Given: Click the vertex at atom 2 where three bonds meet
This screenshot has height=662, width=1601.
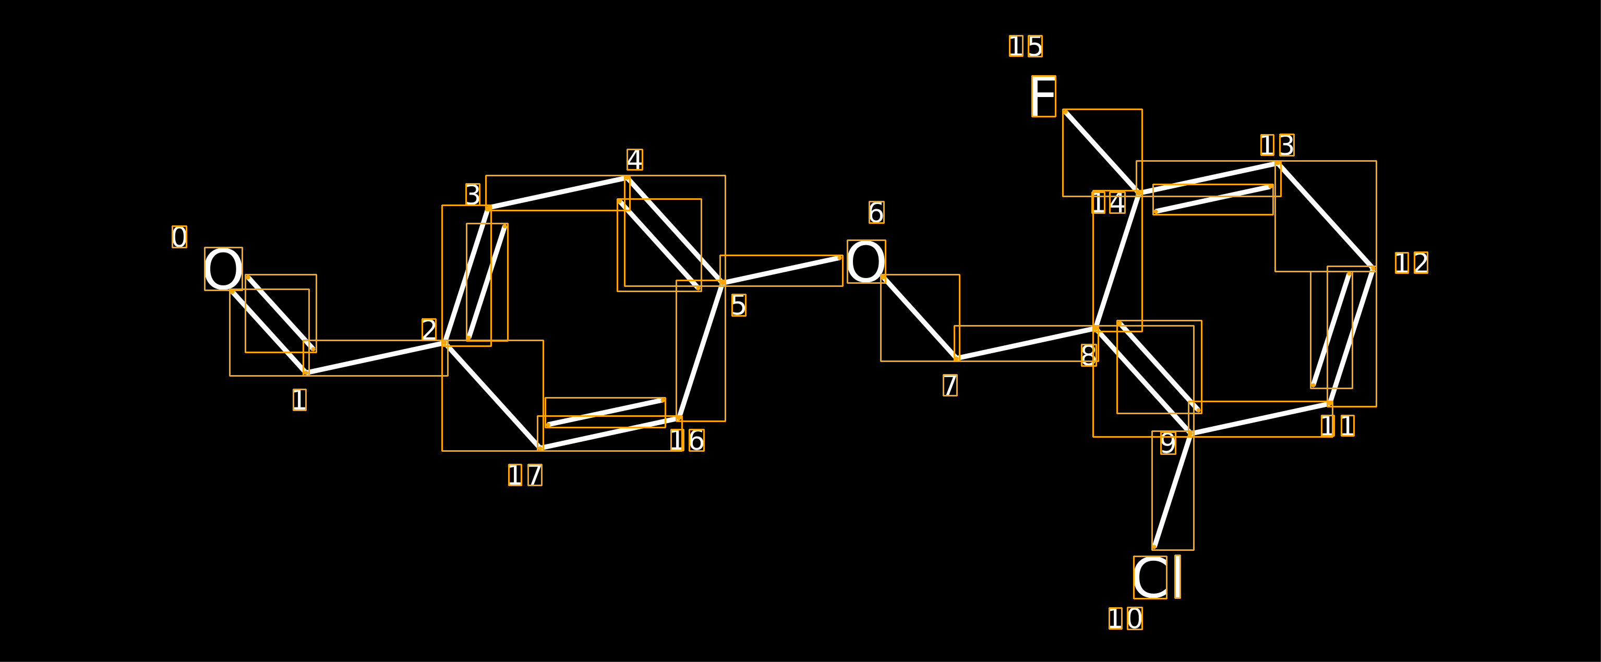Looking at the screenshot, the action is [x=444, y=343].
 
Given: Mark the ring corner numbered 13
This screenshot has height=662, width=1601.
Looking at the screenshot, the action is [x=1278, y=163].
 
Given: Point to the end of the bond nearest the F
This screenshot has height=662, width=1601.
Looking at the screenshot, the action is [x=1065, y=112].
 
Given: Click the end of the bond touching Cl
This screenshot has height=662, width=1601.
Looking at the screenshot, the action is [x=1154, y=547].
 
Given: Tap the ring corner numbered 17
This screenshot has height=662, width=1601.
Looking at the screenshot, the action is [x=540, y=448].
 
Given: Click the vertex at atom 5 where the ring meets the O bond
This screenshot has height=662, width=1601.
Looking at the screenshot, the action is [x=722, y=283].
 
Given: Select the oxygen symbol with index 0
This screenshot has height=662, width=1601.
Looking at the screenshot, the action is [x=223, y=269].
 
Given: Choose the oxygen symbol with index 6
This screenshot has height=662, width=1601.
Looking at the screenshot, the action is [x=866, y=262].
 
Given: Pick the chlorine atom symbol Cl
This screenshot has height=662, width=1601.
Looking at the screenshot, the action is [x=1157, y=577].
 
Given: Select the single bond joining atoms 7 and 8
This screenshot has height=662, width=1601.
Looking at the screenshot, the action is [x=1026, y=343].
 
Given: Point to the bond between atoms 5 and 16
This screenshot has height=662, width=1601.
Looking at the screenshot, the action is [x=701, y=351].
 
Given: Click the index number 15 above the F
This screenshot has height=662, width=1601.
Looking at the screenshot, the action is [x=1026, y=46].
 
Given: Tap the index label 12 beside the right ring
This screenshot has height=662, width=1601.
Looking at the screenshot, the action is [x=1412, y=263].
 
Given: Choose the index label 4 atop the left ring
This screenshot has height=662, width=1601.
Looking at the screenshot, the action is [x=634, y=159].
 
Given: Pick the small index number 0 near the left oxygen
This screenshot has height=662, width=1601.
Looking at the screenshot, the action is [x=179, y=237].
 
